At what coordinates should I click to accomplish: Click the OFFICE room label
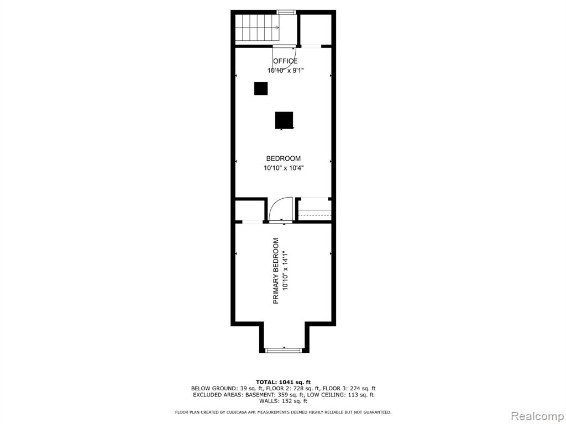tap(285, 61)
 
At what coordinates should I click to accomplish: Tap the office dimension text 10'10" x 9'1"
tap(285, 71)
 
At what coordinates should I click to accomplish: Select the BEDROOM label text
tap(284, 158)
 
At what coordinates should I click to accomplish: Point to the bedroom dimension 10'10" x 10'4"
tap(284, 168)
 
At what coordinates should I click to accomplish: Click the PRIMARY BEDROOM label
tap(276, 271)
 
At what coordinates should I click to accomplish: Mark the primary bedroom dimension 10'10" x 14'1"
tap(286, 271)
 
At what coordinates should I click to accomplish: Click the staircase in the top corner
tap(258, 28)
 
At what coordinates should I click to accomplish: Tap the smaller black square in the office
tap(261, 89)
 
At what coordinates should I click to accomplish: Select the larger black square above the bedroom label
tap(284, 120)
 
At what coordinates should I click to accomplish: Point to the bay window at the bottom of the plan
tap(284, 349)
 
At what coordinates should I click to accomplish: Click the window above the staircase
tap(286, 12)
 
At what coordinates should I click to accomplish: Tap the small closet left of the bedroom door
tap(250, 210)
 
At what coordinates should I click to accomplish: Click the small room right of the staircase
tap(316, 29)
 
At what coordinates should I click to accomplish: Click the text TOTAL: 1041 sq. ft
tap(284, 382)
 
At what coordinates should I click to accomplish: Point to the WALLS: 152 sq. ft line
tap(284, 401)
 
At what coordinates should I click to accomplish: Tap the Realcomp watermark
tap(536, 416)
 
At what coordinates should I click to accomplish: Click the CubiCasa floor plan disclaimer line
tap(283, 412)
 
